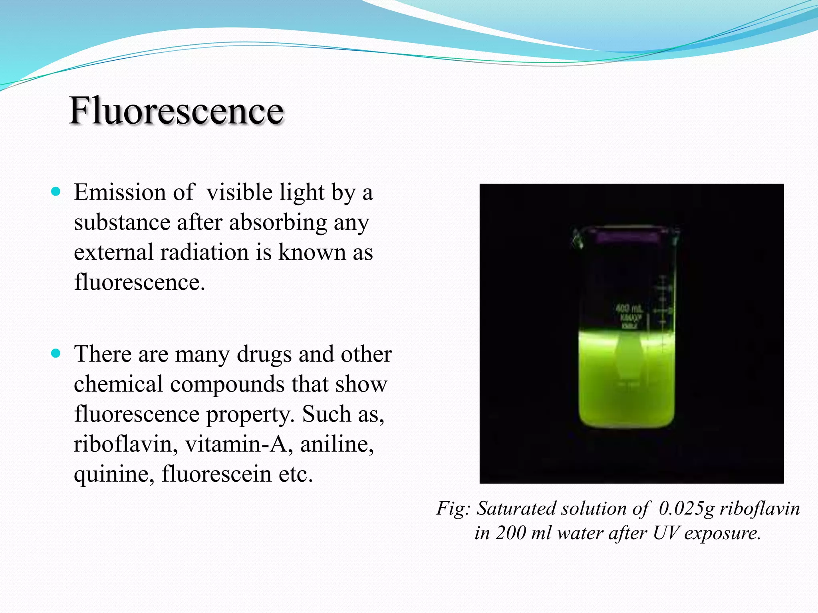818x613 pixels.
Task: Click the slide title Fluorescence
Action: [176, 111]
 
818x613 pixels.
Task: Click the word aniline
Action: [337, 444]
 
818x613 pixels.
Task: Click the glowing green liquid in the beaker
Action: [626, 383]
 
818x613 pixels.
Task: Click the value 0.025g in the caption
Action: [686, 508]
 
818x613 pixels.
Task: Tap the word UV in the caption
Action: [665, 533]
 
